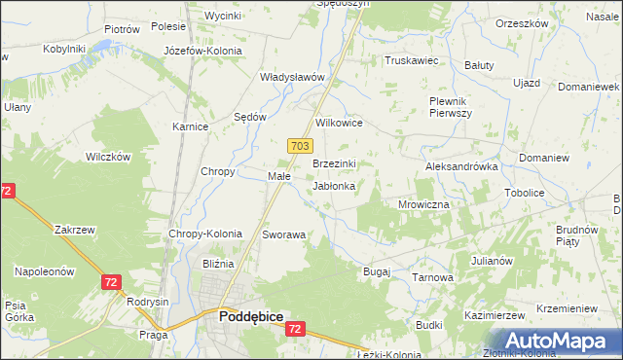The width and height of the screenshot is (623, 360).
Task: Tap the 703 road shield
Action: [300, 145]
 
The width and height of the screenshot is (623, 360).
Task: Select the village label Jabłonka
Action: [333, 185]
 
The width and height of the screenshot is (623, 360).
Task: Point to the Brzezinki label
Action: [334, 163]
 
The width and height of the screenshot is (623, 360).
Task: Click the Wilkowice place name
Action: [340, 124]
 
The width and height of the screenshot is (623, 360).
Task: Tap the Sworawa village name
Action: [284, 235]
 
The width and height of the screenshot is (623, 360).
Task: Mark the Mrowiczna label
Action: [423, 205]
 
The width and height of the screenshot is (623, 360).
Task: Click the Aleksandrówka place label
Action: [461, 166]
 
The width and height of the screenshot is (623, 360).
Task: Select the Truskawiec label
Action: [412, 60]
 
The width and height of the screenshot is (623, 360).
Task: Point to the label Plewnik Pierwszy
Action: [451, 107]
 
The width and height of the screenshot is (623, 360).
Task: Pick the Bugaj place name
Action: [376, 271]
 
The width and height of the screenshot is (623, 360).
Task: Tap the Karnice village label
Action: [191, 126]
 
